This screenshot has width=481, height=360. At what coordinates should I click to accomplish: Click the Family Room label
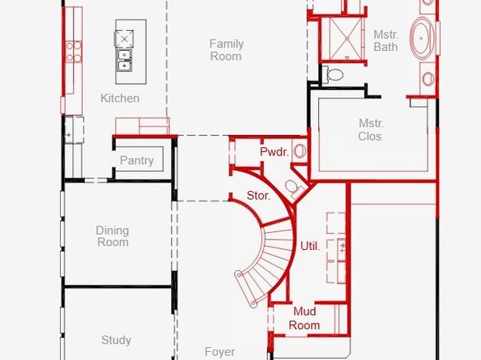click(227, 50)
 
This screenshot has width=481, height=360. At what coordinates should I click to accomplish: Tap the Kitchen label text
click(120, 99)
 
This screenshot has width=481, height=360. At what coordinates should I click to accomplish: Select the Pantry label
click(137, 160)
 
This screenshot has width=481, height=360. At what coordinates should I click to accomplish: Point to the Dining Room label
click(113, 236)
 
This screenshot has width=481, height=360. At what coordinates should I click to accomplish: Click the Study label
click(117, 340)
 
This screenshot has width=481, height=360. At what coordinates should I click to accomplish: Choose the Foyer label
click(220, 352)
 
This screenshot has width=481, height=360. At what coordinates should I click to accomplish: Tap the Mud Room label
click(304, 318)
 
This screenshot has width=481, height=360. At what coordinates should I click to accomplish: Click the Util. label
click(310, 246)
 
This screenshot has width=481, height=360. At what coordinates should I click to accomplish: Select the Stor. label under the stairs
click(258, 196)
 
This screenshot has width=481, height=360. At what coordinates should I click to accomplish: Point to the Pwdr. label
click(275, 151)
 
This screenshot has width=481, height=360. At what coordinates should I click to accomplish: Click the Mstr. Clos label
click(371, 129)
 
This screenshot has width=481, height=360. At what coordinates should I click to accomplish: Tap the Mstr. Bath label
click(386, 40)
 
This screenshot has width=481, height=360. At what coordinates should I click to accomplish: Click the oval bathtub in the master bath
click(422, 38)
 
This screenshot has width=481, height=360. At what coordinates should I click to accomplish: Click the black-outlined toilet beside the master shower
click(333, 74)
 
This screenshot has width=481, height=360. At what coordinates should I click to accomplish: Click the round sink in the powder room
click(299, 151)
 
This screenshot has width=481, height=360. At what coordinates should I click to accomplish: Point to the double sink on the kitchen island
click(124, 61)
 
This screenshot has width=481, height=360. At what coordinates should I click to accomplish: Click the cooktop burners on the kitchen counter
click(74, 52)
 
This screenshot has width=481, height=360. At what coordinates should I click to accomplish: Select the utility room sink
click(342, 246)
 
